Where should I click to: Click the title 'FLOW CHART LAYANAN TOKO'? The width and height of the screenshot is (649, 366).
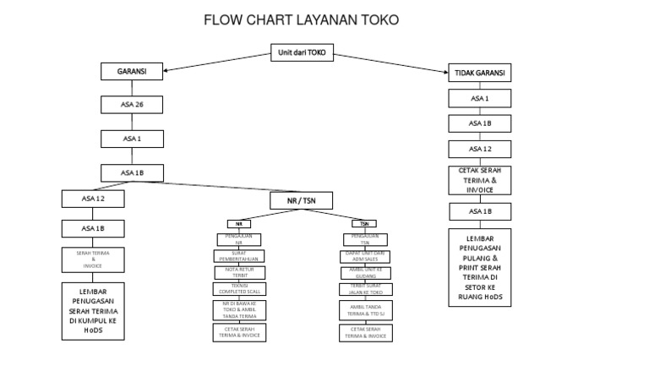pyautogui.click(x=301, y=19)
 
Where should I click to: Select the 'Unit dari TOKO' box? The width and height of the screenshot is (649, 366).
pyautogui.click(x=302, y=52)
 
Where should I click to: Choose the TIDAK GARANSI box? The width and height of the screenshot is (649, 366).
pyautogui.click(x=479, y=74)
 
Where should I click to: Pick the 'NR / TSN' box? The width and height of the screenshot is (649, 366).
pyautogui.click(x=302, y=200)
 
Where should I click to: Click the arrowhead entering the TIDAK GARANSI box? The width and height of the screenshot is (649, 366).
pyautogui.click(x=447, y=73)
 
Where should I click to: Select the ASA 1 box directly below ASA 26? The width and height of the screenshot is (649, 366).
pyautogui.click(x=132, y=139)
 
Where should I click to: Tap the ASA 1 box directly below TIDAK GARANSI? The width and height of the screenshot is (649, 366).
pyautogui.click(x=479, y=99)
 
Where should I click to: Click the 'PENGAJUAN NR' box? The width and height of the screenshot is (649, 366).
pyautogui.click(x=239, y=239)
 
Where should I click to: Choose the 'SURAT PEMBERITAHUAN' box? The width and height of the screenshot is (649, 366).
pyautogui.click(x=239, y=255)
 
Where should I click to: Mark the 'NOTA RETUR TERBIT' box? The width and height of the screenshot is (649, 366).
pyautogui.click(x=239, y=272)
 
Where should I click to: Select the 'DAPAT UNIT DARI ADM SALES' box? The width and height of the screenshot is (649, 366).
pyautogui.click(x=365, y=255)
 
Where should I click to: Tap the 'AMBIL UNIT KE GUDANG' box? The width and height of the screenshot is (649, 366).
pyautogui.click(x=365, y=272)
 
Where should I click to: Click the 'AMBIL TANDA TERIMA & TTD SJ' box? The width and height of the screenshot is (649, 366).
pyautogui.click(x=365, y=310)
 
